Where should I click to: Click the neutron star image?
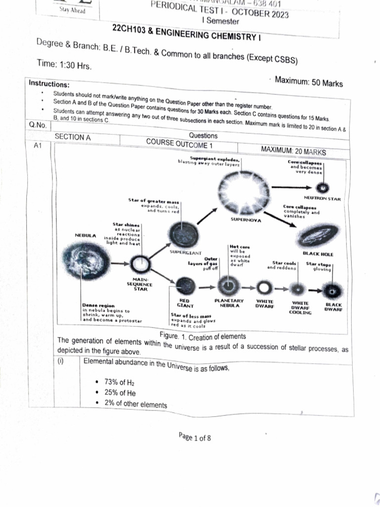coord(322,188)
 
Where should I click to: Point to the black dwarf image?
coord(330,290)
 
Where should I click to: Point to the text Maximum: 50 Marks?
coord(308,83)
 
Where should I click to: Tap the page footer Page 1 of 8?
coord(195,437)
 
